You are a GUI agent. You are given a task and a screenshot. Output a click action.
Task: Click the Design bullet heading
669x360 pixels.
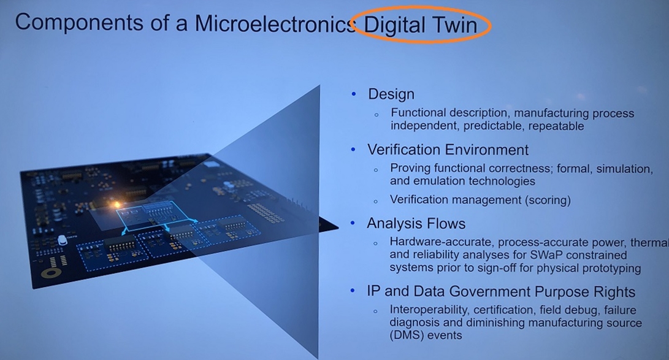(x=391, y=94)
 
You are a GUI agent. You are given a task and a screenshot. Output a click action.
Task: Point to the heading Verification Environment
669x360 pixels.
(x=448, y=150)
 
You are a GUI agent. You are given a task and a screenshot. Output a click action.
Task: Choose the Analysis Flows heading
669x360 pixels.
(x=416, y=223)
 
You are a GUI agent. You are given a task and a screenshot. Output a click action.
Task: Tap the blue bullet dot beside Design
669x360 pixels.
(x=353, y=94)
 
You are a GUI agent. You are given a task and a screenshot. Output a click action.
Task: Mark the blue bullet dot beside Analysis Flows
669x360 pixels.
(x=353, y=223)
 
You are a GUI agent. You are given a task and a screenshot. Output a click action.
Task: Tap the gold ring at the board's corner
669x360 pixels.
(x=52, y=274)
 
